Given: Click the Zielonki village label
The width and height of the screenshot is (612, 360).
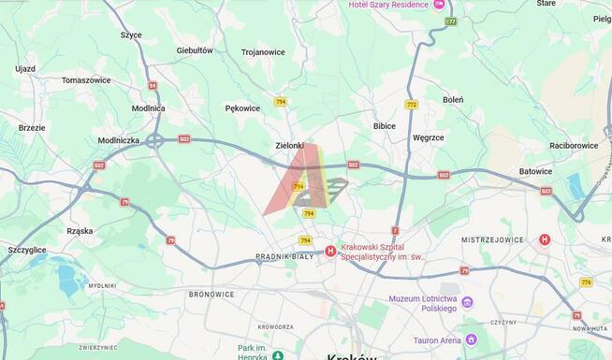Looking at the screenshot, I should [x=290, y=145].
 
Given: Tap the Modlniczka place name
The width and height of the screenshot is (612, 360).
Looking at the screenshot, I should [x=119, y=140].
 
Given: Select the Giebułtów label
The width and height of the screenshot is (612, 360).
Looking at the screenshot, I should [x=195, y=50].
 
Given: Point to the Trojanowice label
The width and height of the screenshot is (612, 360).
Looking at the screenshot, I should [x=263, y=52].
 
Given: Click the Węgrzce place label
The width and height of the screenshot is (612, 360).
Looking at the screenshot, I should [x=429, y=137].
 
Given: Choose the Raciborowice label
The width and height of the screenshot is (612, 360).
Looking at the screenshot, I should [x=574, y=145].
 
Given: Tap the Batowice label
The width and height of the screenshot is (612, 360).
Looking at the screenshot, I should [x=535, y=171].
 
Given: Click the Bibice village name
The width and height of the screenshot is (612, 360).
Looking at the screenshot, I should [x=385, y=125].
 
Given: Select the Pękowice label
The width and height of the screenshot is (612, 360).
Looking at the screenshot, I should [x=242, y=108].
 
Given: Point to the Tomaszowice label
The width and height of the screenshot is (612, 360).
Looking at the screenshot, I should [x=86, y=80].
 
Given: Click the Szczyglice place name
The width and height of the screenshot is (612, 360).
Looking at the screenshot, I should [x=27, y=250].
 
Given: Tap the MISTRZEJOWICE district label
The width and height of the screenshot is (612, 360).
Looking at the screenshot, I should [x=492, y=239].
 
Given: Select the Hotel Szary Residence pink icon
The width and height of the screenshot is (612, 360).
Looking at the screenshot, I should [x=439, y=5].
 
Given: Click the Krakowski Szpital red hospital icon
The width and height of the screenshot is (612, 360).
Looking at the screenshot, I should [x=330, y=251].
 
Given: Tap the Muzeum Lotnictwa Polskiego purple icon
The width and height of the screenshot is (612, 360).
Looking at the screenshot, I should [x=467, y=302].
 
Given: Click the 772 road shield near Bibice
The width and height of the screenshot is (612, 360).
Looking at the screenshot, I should [x=412, y=104].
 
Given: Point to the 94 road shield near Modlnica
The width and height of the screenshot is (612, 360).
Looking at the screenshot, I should [x=152, y=85].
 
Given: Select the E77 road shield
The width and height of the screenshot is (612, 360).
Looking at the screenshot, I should [x=451, y=21].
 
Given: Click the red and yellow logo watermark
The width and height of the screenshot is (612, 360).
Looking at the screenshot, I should [x=304, y=182].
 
